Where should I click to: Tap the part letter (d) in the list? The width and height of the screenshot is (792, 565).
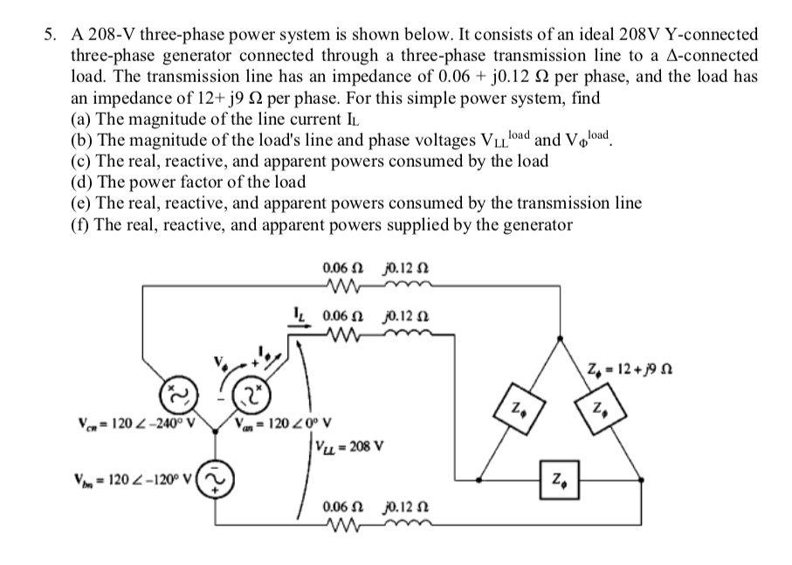[x=79, y=183]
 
